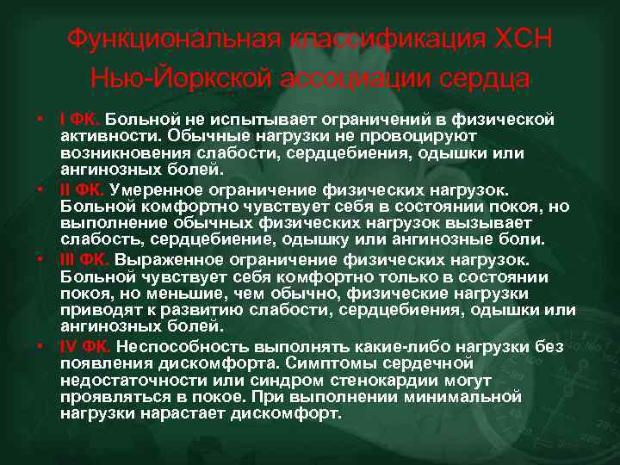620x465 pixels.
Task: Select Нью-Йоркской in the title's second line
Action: (178, 78)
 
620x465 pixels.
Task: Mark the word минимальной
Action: (468, 396)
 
